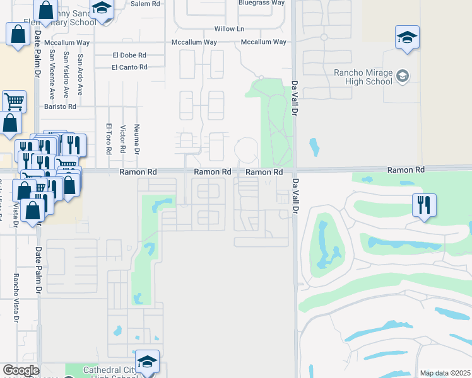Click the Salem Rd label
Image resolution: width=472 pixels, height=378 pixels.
[146, 3]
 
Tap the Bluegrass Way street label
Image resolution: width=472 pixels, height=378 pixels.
[261, 3]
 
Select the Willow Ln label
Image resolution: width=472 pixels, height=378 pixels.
[229, 29]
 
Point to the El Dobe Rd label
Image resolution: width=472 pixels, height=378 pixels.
[129, 55]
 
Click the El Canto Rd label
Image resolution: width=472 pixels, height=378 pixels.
[129, 67]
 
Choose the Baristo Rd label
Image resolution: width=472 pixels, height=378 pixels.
[60, 107]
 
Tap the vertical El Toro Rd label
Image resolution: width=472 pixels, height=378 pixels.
[109, 139]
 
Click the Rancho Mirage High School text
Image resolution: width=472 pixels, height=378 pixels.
[363, 76]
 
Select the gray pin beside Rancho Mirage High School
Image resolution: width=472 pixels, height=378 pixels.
[403, 76]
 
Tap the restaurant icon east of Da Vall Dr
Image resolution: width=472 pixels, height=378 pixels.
[424, 204]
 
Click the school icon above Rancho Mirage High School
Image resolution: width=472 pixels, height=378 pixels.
[407, 37]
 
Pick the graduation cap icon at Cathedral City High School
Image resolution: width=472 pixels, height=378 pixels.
[147, 361]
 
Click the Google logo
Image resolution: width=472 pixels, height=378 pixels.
[21, 371]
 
